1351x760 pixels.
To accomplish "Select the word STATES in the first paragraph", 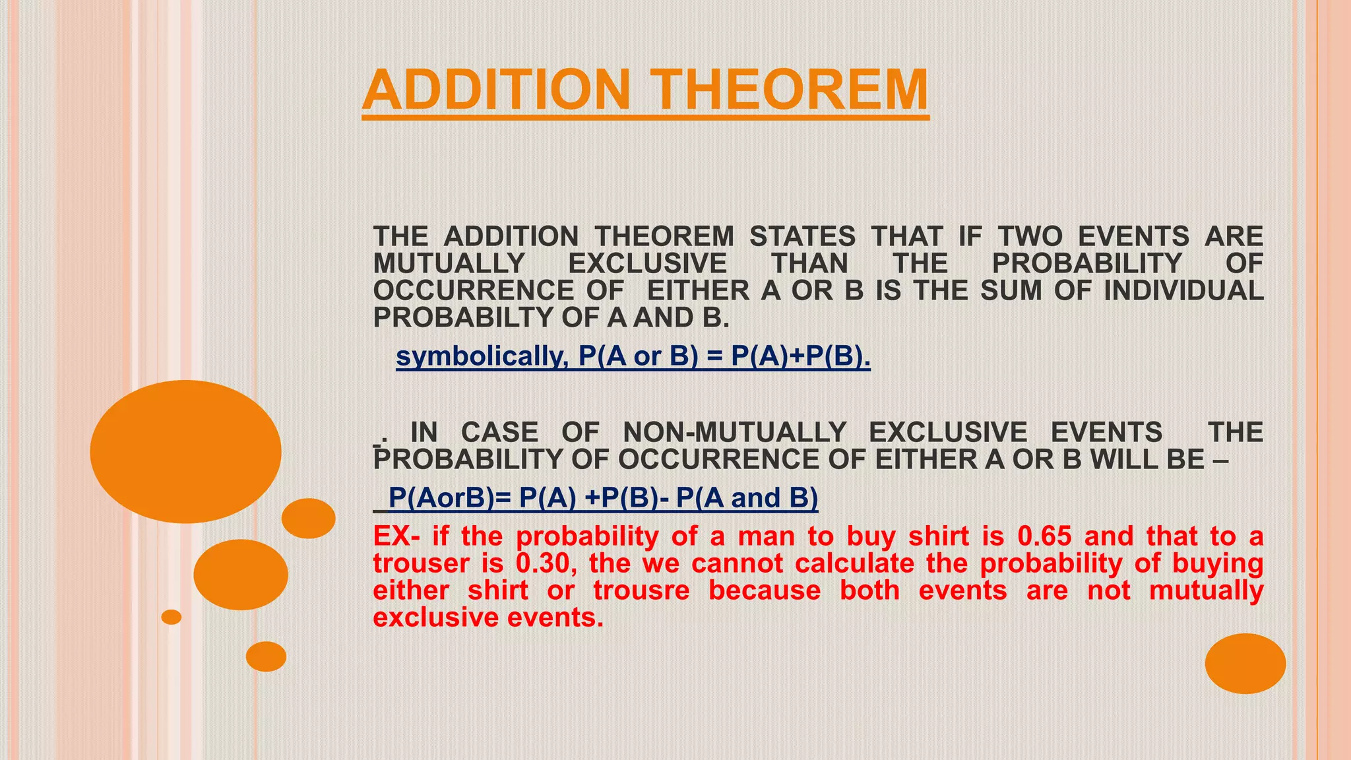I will pyautogui.click(x=802, y=236).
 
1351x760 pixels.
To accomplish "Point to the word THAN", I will pyautogui.click(x=810, y=263).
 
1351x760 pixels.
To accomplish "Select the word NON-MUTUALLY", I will pyautogui.click(x=734, y=432).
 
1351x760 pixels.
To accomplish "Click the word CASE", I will pyautogui.click(x=499, y=432).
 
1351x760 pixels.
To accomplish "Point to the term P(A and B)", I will pyautogui.click(x=747, y=497).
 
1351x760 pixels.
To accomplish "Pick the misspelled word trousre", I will pyautogui.click(x=641, y=590).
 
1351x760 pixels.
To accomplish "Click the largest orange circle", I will pyautogui.click(x=186, y=451).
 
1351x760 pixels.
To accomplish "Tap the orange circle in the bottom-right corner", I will pyautogui.click(x=1245, y=663).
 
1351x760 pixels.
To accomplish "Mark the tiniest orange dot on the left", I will pyautogui.click(x=172, y=617).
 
